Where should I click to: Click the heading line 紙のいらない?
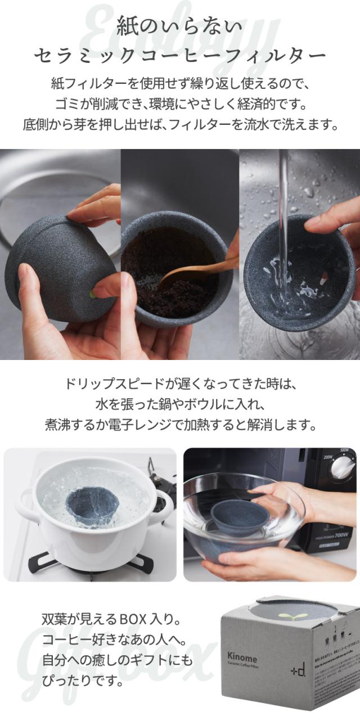[x=179, y=26]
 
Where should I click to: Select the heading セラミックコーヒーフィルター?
[x=179, y=56]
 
